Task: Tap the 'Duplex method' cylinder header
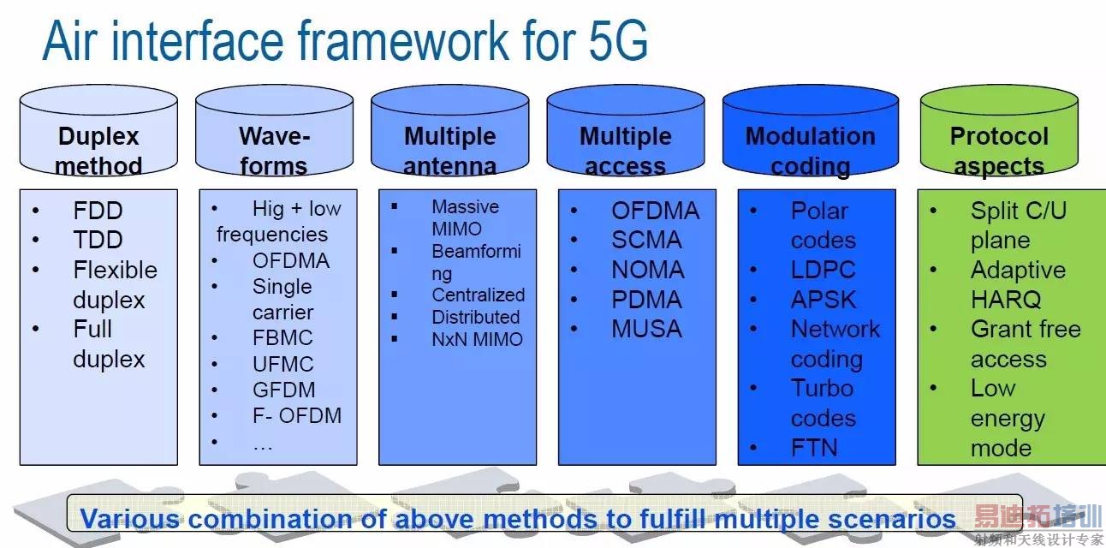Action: point(98,131)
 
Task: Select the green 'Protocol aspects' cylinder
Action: point(999,131)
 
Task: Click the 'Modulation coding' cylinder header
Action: point(811,131)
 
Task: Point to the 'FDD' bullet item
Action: point(98,211)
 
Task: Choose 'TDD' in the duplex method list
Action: point(98,240)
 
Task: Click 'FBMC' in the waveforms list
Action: point(282,338)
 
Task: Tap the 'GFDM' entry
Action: point(284,390)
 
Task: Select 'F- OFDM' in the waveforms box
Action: point(297,415)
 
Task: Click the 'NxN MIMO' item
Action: point(477,339)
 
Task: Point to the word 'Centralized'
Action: point(478,295)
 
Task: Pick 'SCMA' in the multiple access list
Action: point(646,240)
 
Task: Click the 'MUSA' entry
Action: point(646,329)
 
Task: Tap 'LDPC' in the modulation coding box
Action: point(824,270)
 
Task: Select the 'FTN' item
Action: point(814,448)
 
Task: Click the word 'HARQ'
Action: point(1006,300)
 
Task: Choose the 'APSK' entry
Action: point(824,300)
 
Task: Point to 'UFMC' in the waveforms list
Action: point(282,365)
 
